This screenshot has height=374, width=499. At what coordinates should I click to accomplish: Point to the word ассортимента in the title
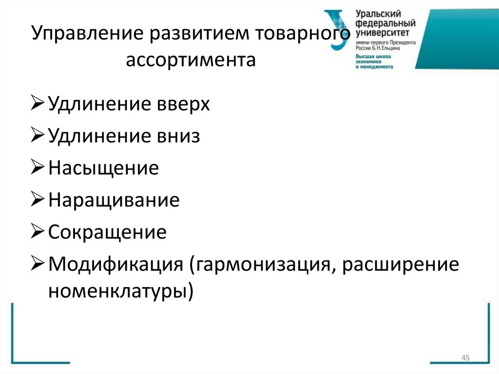point(191,61)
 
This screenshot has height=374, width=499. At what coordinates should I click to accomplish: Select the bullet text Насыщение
point(104,168)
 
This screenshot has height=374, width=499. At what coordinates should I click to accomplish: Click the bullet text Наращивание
point(114,200)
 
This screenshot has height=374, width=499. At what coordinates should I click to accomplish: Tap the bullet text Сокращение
point(108,232)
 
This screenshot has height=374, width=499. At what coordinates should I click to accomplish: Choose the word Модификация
point(115,264)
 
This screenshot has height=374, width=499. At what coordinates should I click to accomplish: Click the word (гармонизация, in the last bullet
point(260,264)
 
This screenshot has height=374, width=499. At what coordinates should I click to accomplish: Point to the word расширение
point(399,264)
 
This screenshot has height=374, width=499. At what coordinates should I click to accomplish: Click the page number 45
point(465,358)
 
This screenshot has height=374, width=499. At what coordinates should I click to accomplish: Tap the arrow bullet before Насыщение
point(38,168)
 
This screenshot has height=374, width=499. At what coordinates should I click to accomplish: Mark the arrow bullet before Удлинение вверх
point(38,104)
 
